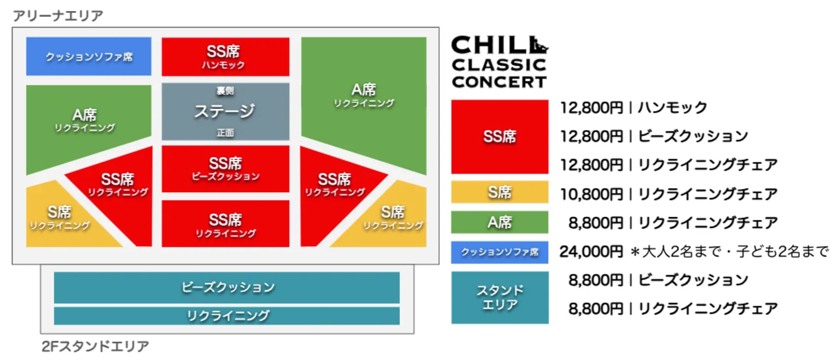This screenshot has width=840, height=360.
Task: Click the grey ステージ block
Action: point(225,111)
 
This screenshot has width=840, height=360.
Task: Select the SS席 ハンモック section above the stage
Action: point(225,57)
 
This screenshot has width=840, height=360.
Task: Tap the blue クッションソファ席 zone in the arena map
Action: point(89,56)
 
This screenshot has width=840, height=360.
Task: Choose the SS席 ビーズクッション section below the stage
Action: point(225,168)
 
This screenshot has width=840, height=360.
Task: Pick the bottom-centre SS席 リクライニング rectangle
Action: point(225,224)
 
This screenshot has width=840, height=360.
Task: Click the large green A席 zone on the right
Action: point(364,100)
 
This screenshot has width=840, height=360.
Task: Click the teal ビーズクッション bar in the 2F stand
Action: point(227,287)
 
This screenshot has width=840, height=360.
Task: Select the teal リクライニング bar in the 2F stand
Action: point(227,315)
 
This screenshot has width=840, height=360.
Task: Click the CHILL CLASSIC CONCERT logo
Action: point(499,62)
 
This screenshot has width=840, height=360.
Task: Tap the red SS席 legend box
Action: point(499,136)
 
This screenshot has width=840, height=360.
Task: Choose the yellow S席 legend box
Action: point(499,192)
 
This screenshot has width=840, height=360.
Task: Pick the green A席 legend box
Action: point(499,222)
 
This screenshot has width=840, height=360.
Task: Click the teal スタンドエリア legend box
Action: point(499,297)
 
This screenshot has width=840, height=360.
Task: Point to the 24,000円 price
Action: point(591,252)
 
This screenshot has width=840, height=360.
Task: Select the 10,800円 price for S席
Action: point(591,194)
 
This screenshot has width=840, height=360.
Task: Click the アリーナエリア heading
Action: point(58,16)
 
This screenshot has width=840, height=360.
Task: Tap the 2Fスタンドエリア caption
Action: point(95,346)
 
